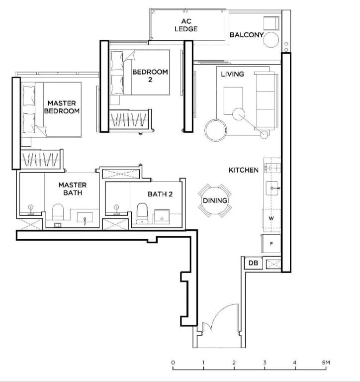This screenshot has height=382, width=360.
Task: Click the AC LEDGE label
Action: coord(186,25)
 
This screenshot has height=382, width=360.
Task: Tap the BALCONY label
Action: coord(247,35)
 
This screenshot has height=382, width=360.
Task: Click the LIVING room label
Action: coord(232,74)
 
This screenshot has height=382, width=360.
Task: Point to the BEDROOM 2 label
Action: coord(150,75)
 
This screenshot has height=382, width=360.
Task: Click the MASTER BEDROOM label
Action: coord(62,107)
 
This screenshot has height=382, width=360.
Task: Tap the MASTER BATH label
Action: coord(73,189)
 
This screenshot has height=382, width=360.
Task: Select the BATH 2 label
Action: coord(160,194)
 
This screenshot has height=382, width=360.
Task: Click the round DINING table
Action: coord(215,200)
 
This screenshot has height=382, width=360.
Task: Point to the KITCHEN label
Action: coord(243,170)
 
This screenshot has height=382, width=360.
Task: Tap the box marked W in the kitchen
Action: coord(271,218)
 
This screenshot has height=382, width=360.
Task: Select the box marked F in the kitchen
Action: coord(271,244)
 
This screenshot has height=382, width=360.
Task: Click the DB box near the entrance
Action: coord(253,263)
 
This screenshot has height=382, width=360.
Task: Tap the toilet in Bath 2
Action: coord(142,211)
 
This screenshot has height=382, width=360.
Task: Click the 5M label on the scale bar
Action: coord(325,363)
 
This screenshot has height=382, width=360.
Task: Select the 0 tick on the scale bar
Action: coord(173,363)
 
